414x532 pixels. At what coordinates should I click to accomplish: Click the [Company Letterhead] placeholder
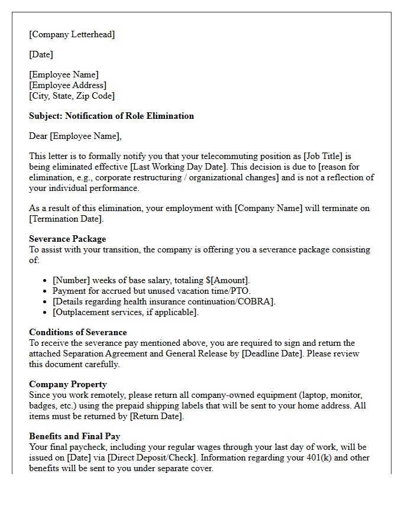pos(72,34)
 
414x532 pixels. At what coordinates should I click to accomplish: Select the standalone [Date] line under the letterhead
pos(41,54)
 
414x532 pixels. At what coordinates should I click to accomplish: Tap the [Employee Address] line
pos(67,85)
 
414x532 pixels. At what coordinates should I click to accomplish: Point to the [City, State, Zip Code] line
pos(72,96)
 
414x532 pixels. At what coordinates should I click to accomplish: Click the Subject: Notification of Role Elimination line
pos(111,116)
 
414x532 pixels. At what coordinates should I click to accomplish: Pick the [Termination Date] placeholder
pos(66,219)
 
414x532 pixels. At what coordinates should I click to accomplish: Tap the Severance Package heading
pos(67,239)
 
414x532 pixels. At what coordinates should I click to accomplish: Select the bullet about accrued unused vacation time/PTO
pos(151,291)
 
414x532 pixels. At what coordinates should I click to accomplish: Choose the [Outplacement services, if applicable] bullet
pos(125,312)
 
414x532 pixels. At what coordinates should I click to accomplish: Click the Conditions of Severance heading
pos(77,332)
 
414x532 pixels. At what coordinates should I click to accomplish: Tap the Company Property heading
pos(68,384)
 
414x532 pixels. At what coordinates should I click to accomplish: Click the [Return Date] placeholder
pos(156,416)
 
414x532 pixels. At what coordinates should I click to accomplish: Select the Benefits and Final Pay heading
pos(75,436)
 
